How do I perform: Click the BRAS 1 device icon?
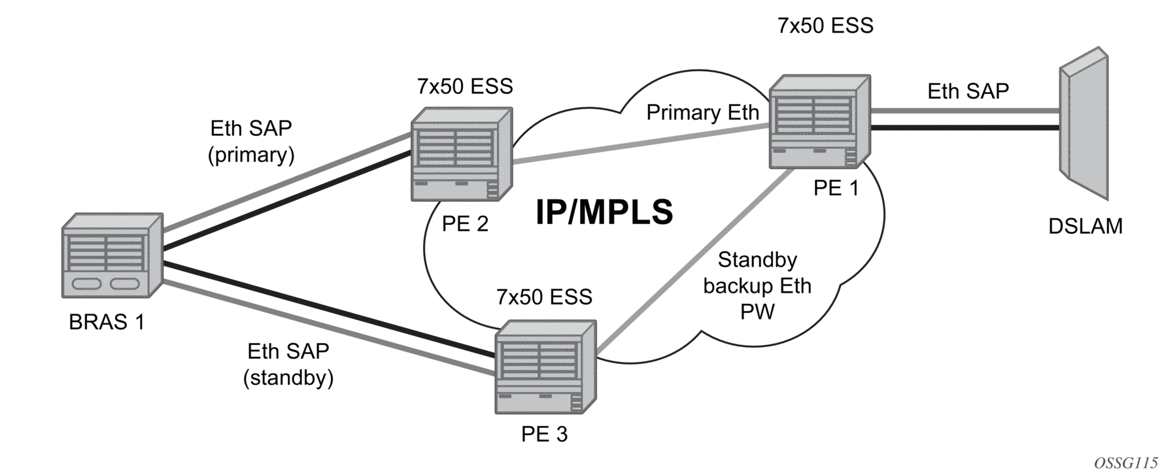[x=112, y=255]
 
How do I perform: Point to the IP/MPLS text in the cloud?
[x=604, y=212]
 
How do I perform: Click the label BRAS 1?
[x=107, y=322]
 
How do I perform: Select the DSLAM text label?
[x=1085, y=226]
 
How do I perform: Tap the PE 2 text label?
[x=465, y=224]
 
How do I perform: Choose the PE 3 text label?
[x=544, y=434]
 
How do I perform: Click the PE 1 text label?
[x=836, y=188]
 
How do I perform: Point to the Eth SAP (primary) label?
[x=251, y=141]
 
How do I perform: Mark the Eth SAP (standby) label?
[x=288, y=365]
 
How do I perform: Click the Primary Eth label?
[x=702, y=112]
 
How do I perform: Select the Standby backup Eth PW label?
[x=757, y=286]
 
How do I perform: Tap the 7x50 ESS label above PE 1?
[x=825, y=25]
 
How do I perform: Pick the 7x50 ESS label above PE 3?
[x=544, y=297]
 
